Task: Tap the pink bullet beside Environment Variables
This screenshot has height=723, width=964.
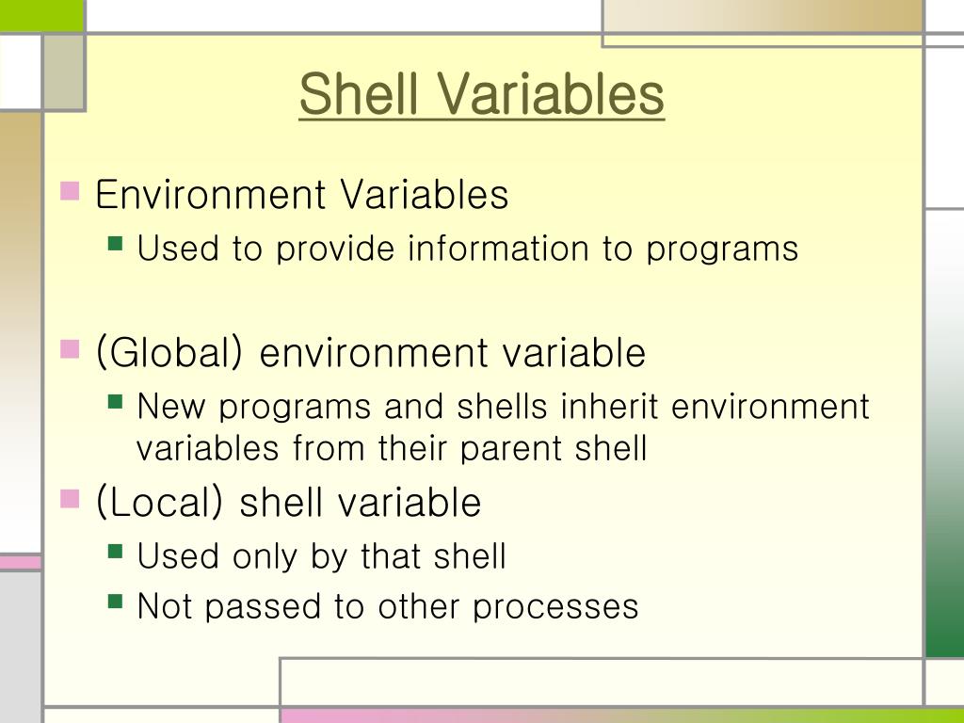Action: click(70, 191)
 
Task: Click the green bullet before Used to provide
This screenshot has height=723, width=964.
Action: click(116, 244)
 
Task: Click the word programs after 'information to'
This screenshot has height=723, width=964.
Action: click(721, 250)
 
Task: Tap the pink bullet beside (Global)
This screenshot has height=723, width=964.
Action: click(70, 349)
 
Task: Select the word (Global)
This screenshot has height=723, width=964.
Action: click(170, 353)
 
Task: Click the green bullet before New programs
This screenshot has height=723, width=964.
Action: click(116, 402)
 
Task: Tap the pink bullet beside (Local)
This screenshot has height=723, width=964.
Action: click(70, 498)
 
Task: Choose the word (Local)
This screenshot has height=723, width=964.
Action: click(160, 502)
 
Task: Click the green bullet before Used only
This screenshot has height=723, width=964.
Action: click(116, 551)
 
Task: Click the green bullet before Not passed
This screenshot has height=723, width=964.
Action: click(116, 600)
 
